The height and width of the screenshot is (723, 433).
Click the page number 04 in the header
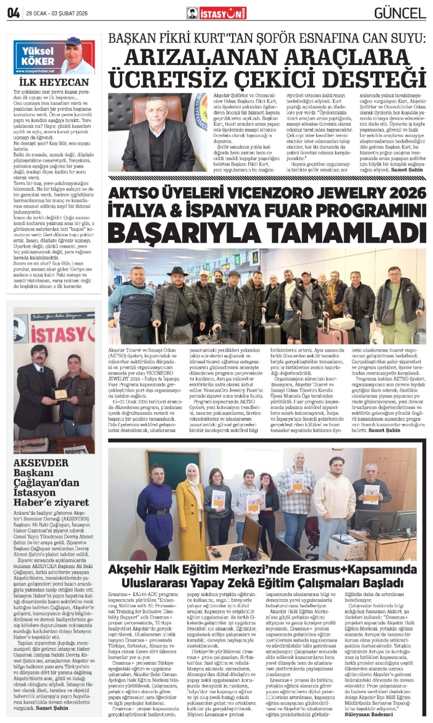13,13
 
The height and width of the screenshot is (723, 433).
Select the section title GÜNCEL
400,13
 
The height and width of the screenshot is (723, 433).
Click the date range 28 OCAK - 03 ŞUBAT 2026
57,14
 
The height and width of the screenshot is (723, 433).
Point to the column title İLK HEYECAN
54,82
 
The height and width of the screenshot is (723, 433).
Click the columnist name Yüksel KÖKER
38,56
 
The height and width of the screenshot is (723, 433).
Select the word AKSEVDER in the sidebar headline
41,463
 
